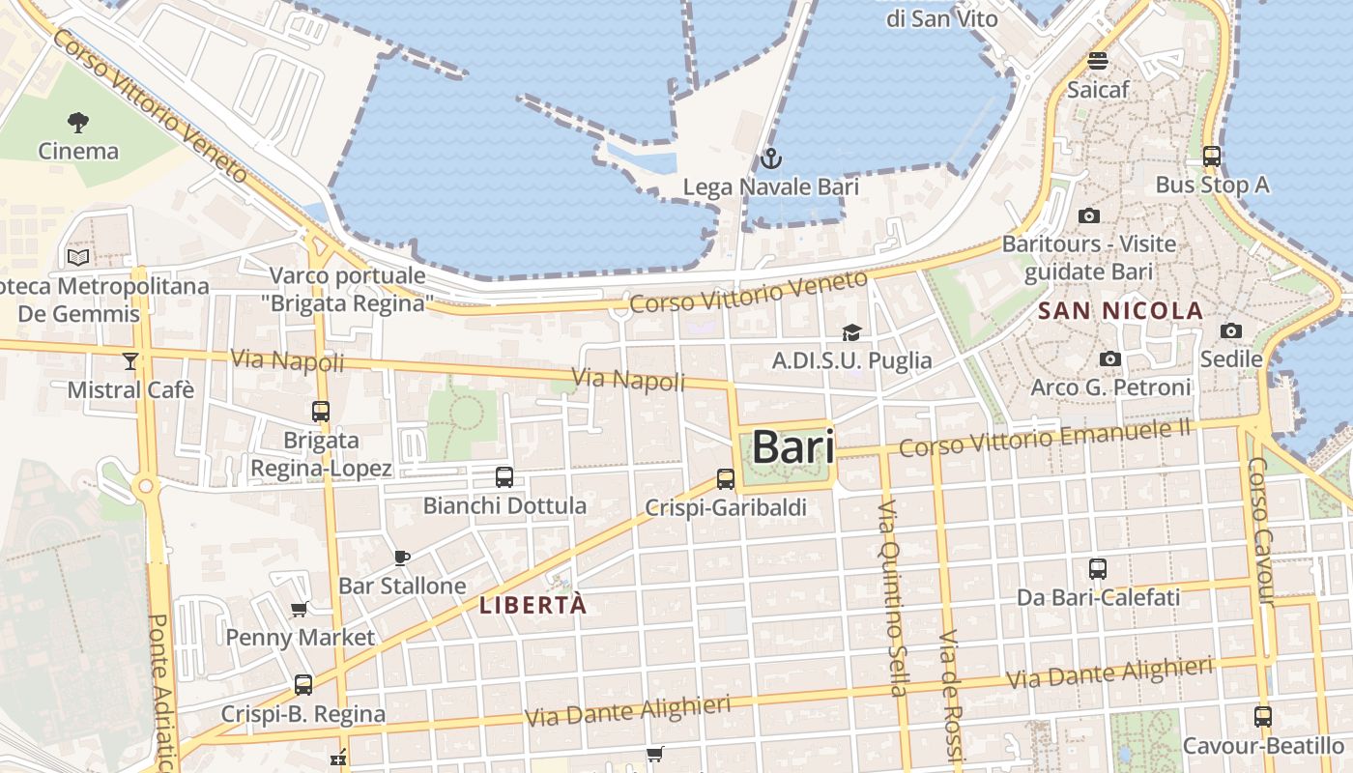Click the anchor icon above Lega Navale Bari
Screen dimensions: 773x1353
(770, 158)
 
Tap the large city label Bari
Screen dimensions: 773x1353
(792, 446)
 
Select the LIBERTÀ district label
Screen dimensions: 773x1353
(533, 606)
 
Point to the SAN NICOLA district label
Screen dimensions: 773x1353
(1120, 311)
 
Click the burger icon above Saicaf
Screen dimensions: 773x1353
(1097, 61)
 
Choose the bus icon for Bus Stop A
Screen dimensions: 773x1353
(1211, 157)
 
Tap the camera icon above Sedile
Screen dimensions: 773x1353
(1230, 331)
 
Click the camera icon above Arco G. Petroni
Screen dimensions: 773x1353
(1110, 359)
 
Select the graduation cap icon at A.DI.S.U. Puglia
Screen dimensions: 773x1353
(850, 333)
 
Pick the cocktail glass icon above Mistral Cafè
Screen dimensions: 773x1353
(130, 361)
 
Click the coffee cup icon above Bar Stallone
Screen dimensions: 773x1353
(402, 558)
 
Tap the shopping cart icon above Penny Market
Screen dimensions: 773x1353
(300, 610)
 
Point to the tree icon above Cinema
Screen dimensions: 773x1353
(78, 123)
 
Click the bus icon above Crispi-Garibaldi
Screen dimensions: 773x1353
(725, 478)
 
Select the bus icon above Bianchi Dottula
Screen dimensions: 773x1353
(504, 476)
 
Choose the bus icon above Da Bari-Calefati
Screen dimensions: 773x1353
(1098, 569)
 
